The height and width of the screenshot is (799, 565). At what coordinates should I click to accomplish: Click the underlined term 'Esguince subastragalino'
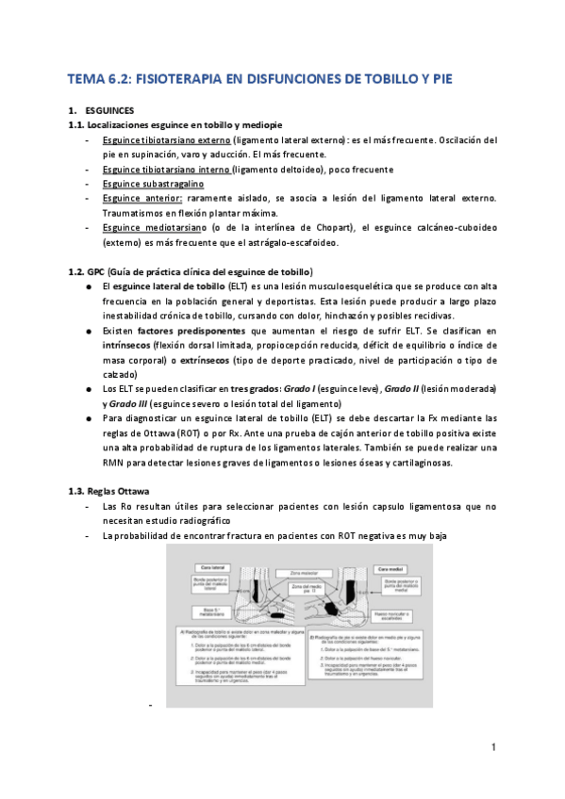pyautogui.click(x=154, y=184)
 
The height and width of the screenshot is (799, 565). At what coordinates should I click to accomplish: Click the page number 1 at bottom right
pyautogui.click(x=493, y=747)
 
